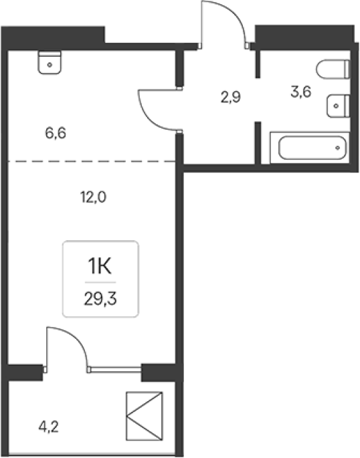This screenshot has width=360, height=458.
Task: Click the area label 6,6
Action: click(56, 133)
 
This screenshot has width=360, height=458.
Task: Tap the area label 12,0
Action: click(93, 197)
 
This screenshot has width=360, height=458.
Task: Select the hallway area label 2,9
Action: click(231, 97)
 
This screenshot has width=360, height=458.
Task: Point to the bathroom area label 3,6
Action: click(301, 92)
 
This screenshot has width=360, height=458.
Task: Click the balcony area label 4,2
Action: click(48, 427)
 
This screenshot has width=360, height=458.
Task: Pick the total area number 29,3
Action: click(100, 299)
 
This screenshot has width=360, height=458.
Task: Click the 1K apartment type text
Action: click(100, 267)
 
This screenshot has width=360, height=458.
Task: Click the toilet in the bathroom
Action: click(333, 70)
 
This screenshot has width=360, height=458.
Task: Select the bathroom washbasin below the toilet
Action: click(339, 106)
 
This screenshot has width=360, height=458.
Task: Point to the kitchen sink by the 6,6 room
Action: click(50, 62)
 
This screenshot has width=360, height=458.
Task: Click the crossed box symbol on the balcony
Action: click(145, 416)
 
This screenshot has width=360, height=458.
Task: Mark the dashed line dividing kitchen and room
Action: click(91, 161)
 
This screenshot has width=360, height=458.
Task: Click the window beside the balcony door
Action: click(114, 370)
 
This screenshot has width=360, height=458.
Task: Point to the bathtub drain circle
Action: click(337, 148)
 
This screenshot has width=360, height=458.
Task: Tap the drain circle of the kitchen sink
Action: click(50, 65)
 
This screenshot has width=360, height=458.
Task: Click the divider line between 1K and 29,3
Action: click(100, 282)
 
